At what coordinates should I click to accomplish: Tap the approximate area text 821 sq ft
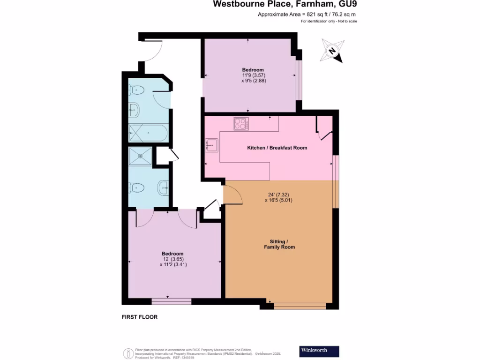click(x=307, y=15)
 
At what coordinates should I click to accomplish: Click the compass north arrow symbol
click(x=332, y=51)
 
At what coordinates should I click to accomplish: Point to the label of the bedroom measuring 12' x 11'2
click(x=174, y=258)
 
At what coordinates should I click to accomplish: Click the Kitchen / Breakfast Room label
click(x=277, y=148)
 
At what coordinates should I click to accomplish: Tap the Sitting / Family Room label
click(x=279, y=244)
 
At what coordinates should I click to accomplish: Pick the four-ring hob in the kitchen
click(x=241, y=124)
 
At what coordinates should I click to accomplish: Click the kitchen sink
click(x=211, y=146)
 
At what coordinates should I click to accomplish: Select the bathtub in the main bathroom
click(x=147, y=133)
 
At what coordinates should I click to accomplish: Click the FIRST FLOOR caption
click(x=140, y=317)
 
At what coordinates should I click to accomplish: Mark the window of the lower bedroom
click(x=171, y=301)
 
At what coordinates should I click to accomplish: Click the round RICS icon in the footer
click(x=127, y=353)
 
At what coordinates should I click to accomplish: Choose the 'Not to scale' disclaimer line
click(x=329, y=22)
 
